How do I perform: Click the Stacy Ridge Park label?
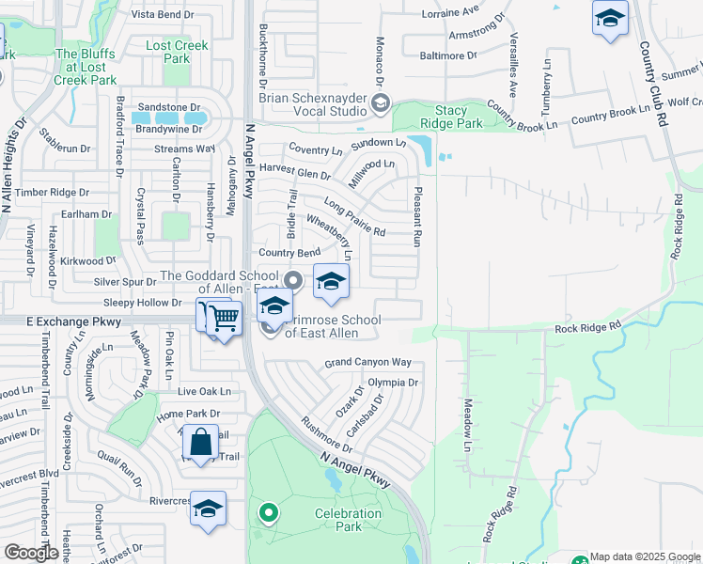(x=451, y=117)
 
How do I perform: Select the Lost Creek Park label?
(x=168, y=52)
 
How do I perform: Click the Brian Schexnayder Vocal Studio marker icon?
(x=380, y=104)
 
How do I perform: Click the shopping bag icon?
(x=201, y=441)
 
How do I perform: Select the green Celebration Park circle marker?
(x=269, y=512)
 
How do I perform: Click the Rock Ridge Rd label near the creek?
(x=588, y=327)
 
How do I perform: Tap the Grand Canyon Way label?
(x=368, y=362)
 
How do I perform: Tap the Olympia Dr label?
(x=393, y=383)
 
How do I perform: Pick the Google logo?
(x=31, y=553)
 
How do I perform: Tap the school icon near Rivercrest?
(x=208, y=509)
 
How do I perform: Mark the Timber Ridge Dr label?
(x=52, y=192)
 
